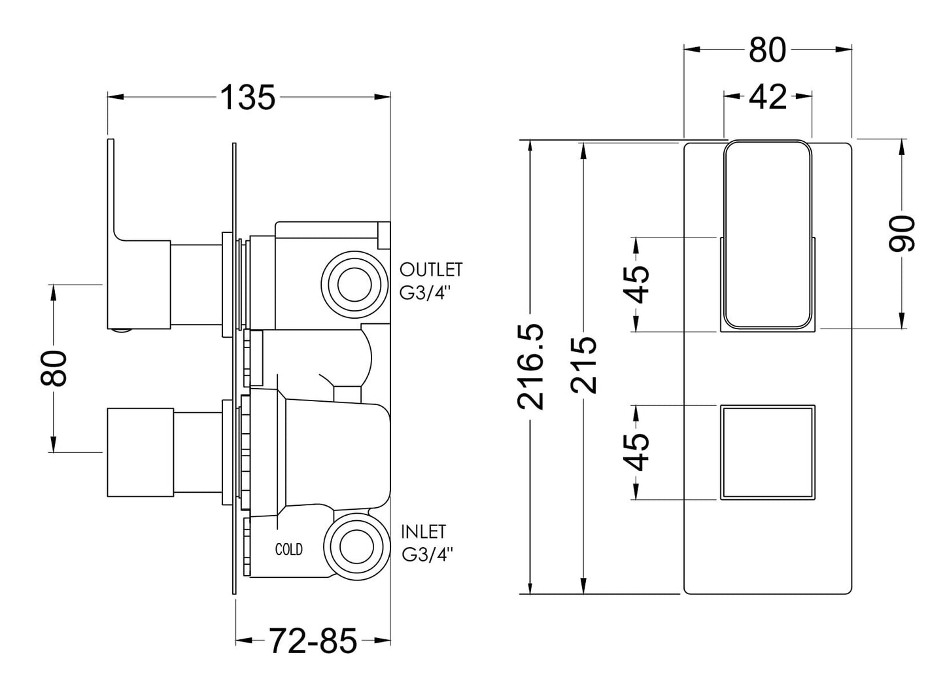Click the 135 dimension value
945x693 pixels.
click(248, 98)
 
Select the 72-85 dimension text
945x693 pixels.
click(313, 641)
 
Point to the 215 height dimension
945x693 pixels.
click(583, 366)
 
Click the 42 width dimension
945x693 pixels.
click(767, 98)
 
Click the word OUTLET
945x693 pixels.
click(431, 270)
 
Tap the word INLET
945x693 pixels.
click(423, 531)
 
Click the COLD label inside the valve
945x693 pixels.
click(288, 550)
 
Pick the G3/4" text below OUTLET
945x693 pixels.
click(426, 293)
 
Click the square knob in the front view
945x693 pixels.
click(768, 453)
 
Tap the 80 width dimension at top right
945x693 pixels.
click(767, 50)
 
